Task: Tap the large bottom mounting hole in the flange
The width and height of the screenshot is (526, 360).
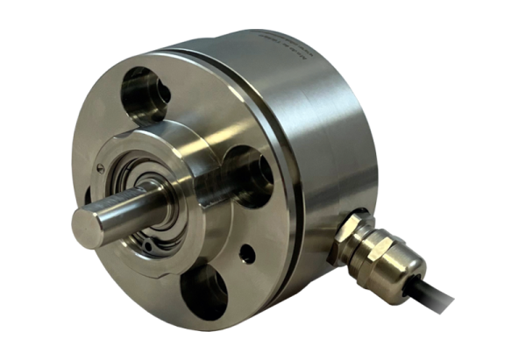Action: [203, 289]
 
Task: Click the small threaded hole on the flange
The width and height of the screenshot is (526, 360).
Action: [248, 255]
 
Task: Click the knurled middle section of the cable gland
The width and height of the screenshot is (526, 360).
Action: [373, 249]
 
